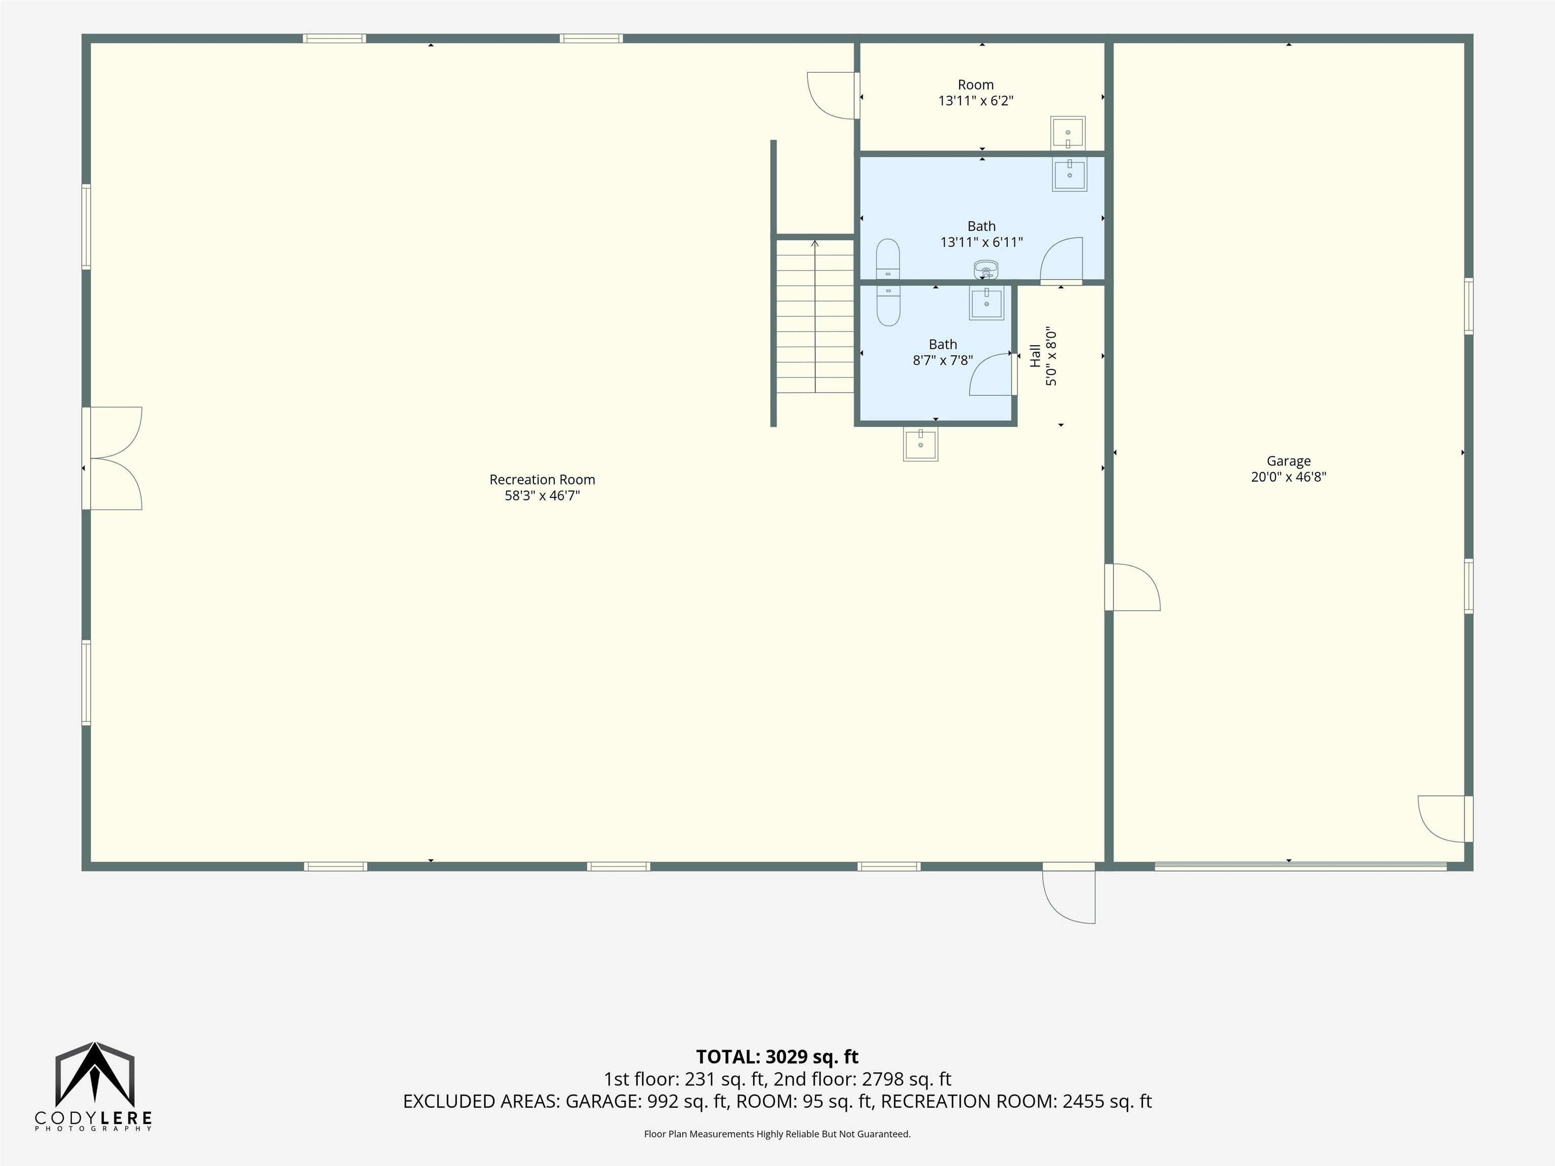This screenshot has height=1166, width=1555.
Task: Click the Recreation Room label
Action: tap(542, 479)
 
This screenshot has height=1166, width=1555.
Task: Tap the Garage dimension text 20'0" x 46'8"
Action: tap(1289, 477)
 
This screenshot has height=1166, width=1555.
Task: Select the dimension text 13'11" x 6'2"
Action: tap(976, 101)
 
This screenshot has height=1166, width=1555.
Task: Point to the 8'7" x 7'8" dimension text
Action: tap(943, 360)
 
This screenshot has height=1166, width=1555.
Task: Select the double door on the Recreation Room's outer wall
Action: tap(112, 458)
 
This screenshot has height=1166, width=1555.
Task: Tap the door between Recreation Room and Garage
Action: tap(1132, 587)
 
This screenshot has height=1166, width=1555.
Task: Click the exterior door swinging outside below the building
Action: tap(1069, 893)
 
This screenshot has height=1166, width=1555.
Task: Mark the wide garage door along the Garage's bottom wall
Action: tap(1300, 866)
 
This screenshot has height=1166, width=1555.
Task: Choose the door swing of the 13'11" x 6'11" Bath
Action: tap(1061, 261)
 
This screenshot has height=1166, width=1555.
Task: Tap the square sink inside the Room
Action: tap(1068, 133)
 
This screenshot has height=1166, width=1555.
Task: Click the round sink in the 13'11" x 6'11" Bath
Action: tap(986, 270)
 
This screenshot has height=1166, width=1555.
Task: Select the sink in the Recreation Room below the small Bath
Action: tap(920, 444)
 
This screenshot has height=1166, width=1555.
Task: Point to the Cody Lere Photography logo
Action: tap(94, 1087)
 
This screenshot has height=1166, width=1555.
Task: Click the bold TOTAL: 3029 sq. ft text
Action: tap(777, 1056)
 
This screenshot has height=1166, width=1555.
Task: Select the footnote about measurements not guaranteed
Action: tap(777, 1134)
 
